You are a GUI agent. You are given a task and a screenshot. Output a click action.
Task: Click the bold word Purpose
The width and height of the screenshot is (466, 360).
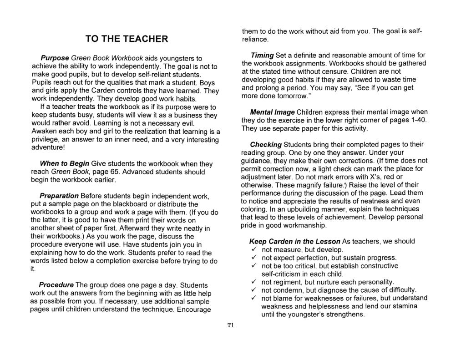click(x=55, y=59)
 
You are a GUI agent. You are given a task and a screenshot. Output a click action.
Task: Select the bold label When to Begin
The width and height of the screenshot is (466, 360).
click(x=65, y=164)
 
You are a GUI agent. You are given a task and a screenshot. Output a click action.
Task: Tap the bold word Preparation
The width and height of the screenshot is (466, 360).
click(x=59, y=196)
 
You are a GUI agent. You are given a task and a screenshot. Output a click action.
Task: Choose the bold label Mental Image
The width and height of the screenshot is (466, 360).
click(x=273, y=112)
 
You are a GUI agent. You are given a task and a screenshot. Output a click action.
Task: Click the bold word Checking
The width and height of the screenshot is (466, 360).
click(x=266, y=144)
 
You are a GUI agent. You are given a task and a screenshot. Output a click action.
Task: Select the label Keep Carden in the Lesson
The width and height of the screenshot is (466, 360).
click(x=294, y=241)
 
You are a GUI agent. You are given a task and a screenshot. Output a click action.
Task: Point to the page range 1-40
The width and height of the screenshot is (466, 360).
click(x=420, y=120)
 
